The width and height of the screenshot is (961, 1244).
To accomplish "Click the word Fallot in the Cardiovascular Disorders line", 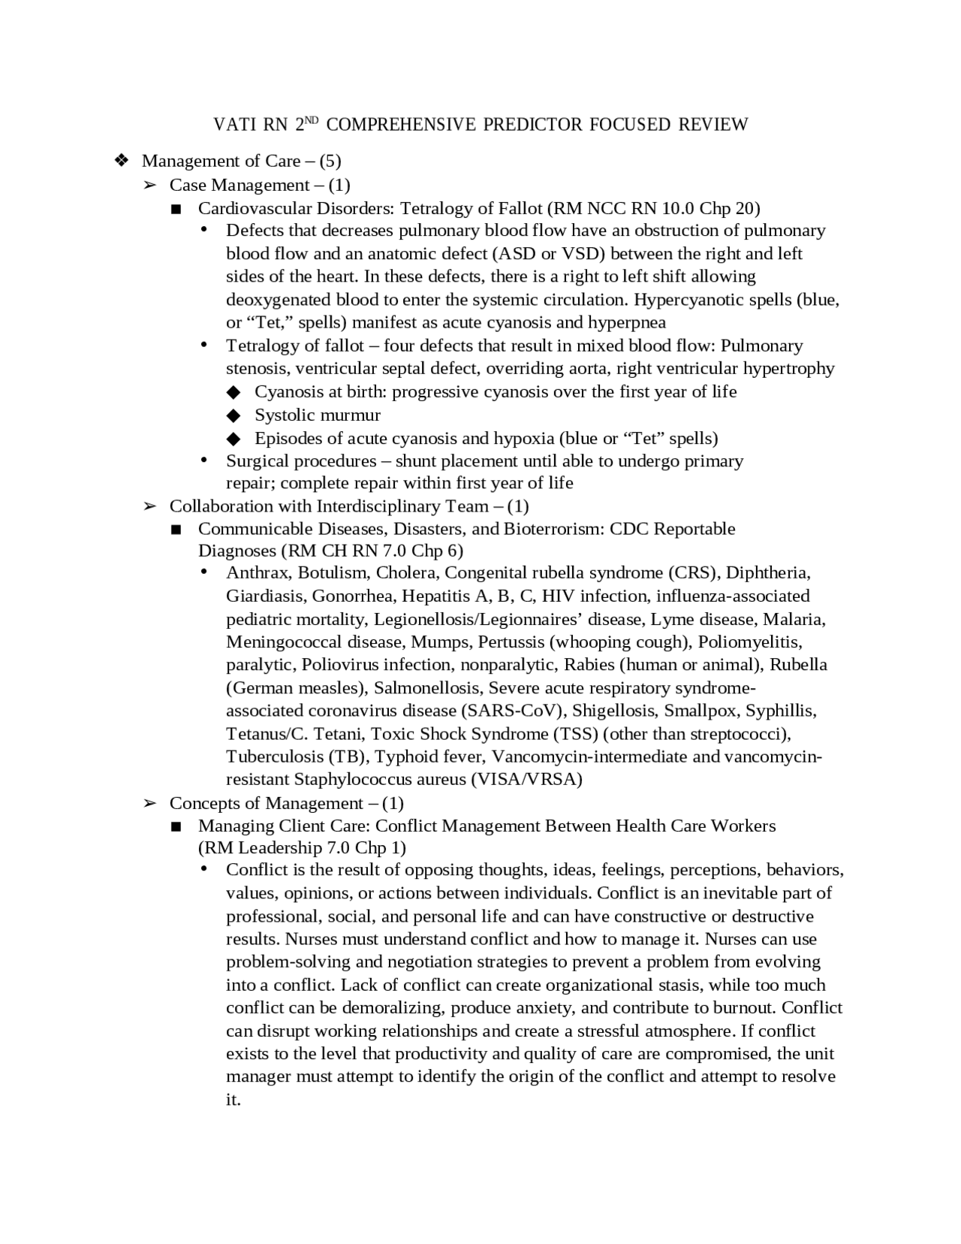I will pos(517,208).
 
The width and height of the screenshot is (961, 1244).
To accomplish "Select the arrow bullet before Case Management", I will pos(149,185).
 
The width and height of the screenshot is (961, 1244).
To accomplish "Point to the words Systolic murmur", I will pos(317,415).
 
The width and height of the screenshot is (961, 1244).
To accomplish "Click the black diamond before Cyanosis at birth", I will pos(233,392).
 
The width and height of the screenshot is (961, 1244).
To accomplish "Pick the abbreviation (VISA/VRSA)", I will pos(526,779).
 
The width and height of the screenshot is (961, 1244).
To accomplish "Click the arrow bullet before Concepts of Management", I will pos(149,803).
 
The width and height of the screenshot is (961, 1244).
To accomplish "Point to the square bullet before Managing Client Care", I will pos(177,826).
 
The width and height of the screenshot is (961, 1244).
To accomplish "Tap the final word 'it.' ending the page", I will pos(233,1101).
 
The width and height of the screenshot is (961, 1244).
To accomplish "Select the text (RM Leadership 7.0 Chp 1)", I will pos(302,848).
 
